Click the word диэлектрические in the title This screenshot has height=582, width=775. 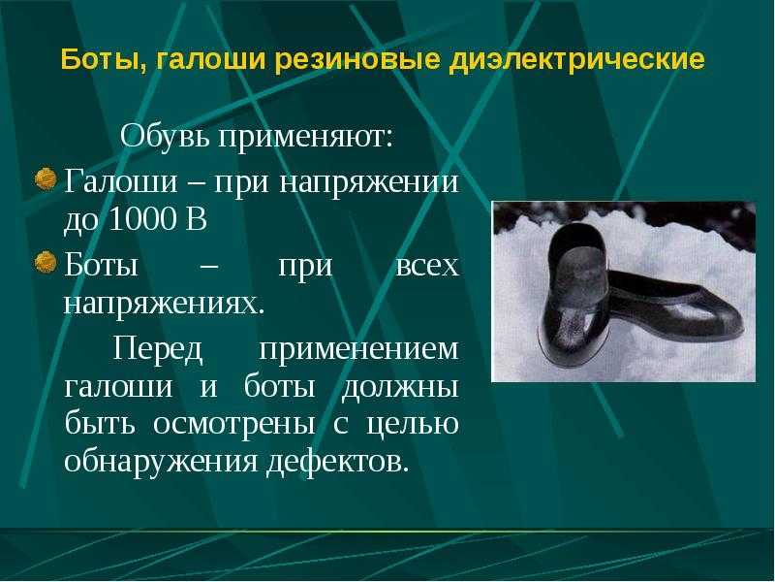tap(576, 59)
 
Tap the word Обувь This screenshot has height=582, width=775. tap(166, 136)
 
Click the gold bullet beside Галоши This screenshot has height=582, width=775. tap(46, 178)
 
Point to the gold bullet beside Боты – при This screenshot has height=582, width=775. tap(46, 262)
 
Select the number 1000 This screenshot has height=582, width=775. tap(142, 219)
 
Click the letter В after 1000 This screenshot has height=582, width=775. tap(197, 219)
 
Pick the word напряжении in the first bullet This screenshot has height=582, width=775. tap(369, 182)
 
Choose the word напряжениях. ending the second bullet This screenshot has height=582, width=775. tap(164, 304)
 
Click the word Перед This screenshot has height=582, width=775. tap(158, 348)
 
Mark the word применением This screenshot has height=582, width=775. tap(358, 350)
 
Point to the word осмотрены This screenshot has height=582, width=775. tap(233, 425)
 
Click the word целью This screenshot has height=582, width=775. tap(413, 425)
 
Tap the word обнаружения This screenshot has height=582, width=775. tap(161, 462)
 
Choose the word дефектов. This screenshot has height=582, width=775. tap(338, 462)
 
